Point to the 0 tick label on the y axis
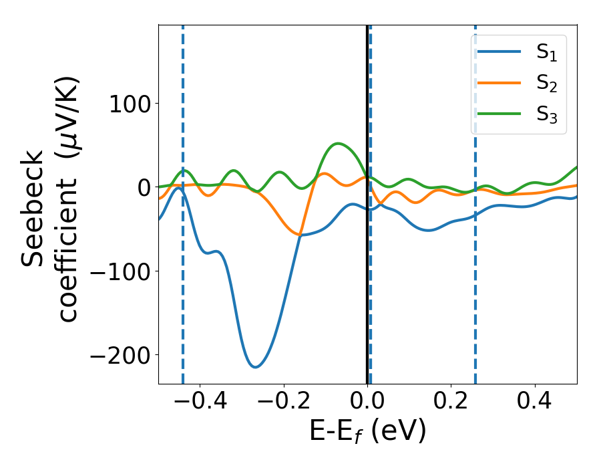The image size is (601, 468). [142, 187]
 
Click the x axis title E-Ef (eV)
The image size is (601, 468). [367, 432]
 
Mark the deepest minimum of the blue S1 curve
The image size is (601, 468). [254, 367]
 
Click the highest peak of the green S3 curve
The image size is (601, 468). [339, 143]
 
